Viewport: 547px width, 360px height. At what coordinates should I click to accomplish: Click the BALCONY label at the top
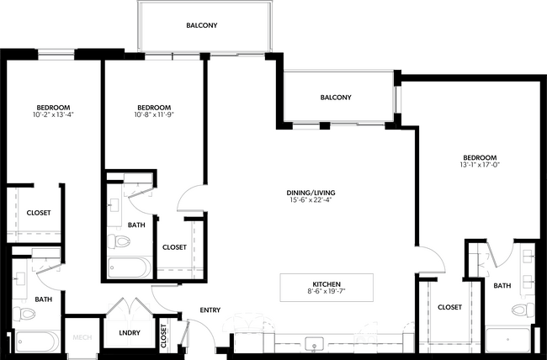[202, 26]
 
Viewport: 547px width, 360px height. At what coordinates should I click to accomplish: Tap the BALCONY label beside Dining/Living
[336, 98]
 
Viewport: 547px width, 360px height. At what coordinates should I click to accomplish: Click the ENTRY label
[210, 310]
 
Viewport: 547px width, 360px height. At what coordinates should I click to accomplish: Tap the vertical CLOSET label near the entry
[163, 336]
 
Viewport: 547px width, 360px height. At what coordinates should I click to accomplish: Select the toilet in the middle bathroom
[118, 242]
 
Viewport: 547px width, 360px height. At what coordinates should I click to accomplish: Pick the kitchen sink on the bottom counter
[316, 345]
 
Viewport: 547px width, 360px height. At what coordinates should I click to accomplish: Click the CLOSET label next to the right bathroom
[450, 308]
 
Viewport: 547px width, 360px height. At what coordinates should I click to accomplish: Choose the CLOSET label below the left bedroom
[38, 213]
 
